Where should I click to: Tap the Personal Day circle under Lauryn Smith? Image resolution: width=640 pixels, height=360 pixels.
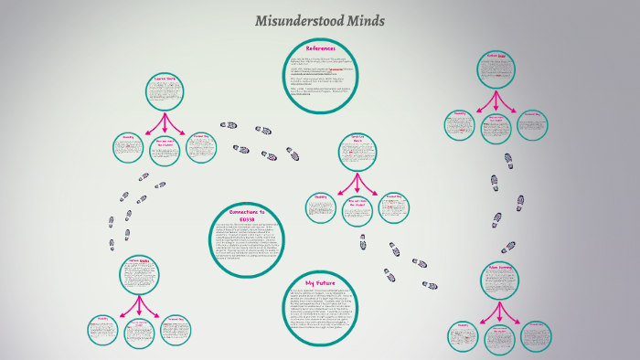tap(202, 147)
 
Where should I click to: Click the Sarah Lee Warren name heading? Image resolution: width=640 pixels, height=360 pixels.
tap(357, 140)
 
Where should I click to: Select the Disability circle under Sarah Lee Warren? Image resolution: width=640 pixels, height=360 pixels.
tap(321, 206)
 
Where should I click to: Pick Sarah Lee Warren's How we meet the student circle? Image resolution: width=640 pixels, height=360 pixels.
tap(357, 210)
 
